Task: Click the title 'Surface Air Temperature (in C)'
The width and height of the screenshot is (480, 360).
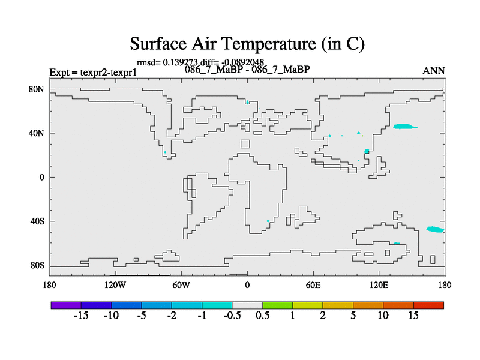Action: point(247,44)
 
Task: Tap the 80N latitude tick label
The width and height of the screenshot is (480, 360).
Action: point(37,89)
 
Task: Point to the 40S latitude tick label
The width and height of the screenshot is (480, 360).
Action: point(37,221)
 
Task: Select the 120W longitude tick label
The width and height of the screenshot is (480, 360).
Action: point(115,286)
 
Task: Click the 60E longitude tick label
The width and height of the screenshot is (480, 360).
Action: point(313,286)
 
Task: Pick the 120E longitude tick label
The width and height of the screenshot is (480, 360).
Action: point(379,286)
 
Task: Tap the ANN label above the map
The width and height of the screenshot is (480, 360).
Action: point(433,71)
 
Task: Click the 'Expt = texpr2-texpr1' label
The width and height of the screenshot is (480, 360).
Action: point(93,73)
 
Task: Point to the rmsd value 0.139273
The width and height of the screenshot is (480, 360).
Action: point(180,62)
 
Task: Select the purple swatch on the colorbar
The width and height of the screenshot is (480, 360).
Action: point(66,305)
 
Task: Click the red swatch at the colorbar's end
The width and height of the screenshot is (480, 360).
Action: point(428,305)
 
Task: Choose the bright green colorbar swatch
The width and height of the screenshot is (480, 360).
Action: point(277,305)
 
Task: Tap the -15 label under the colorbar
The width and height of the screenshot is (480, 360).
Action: point(81,316)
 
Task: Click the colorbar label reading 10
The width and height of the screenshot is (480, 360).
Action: point(383,316)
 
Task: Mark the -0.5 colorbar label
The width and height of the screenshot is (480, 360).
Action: point(232,316)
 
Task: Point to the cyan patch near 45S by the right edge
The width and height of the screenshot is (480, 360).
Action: point(435,229)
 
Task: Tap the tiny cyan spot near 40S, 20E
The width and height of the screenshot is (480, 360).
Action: point(268,221)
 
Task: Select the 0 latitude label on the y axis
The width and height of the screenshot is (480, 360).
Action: point(41,177)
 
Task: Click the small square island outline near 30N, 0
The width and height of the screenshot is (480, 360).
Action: point(245,144)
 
